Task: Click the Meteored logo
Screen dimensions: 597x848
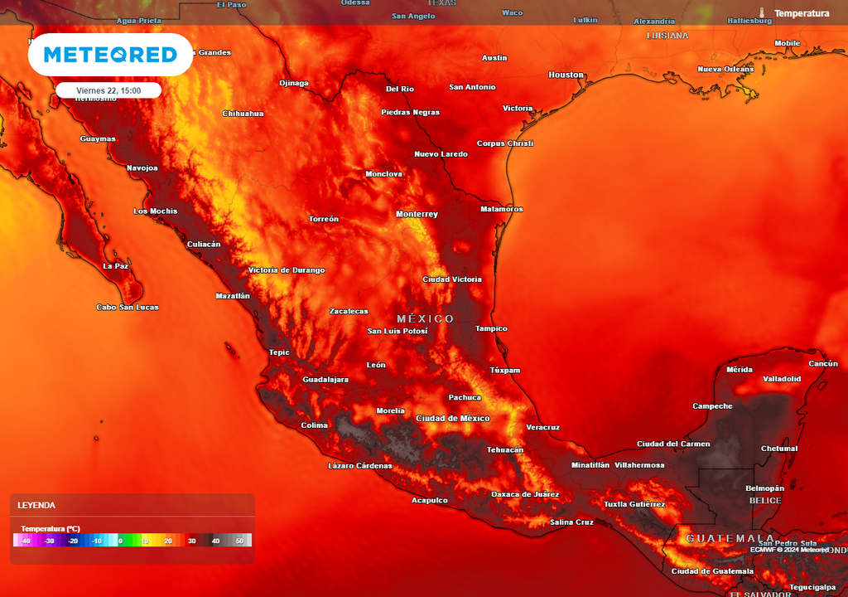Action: [x=110, y=55]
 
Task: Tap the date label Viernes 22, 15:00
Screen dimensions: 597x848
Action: [x=108, y=90]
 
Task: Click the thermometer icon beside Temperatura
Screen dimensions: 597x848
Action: [x=761, y=13]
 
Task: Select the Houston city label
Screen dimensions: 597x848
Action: [x=566, y=75]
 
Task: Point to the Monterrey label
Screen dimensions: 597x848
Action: [x=417, y=214]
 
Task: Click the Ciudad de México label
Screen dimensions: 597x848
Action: [x=453, y=418]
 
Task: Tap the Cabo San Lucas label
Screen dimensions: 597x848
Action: [x=128, y=307]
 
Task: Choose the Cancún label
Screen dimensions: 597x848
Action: [x=823, y=364]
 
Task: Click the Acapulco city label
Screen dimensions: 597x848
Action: [x=430, y=500]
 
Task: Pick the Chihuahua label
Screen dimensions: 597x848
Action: [x=243, y=114]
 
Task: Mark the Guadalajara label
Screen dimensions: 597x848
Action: [x=325, y=379]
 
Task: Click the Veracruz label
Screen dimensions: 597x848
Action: [x=542, y=427]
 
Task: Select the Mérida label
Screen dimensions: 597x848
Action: [x=740, y=369]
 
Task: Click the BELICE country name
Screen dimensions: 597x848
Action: [x=764, y=501]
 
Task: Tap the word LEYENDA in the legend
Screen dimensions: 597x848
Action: [x=36, y=505]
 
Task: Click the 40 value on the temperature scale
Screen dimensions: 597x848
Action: [x=215, y=541]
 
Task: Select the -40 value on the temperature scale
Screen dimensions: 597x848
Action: [x=26, y=541]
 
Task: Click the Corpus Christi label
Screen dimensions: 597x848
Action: [x=505, y=143]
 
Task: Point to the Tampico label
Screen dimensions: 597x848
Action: [x=491, y=328]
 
